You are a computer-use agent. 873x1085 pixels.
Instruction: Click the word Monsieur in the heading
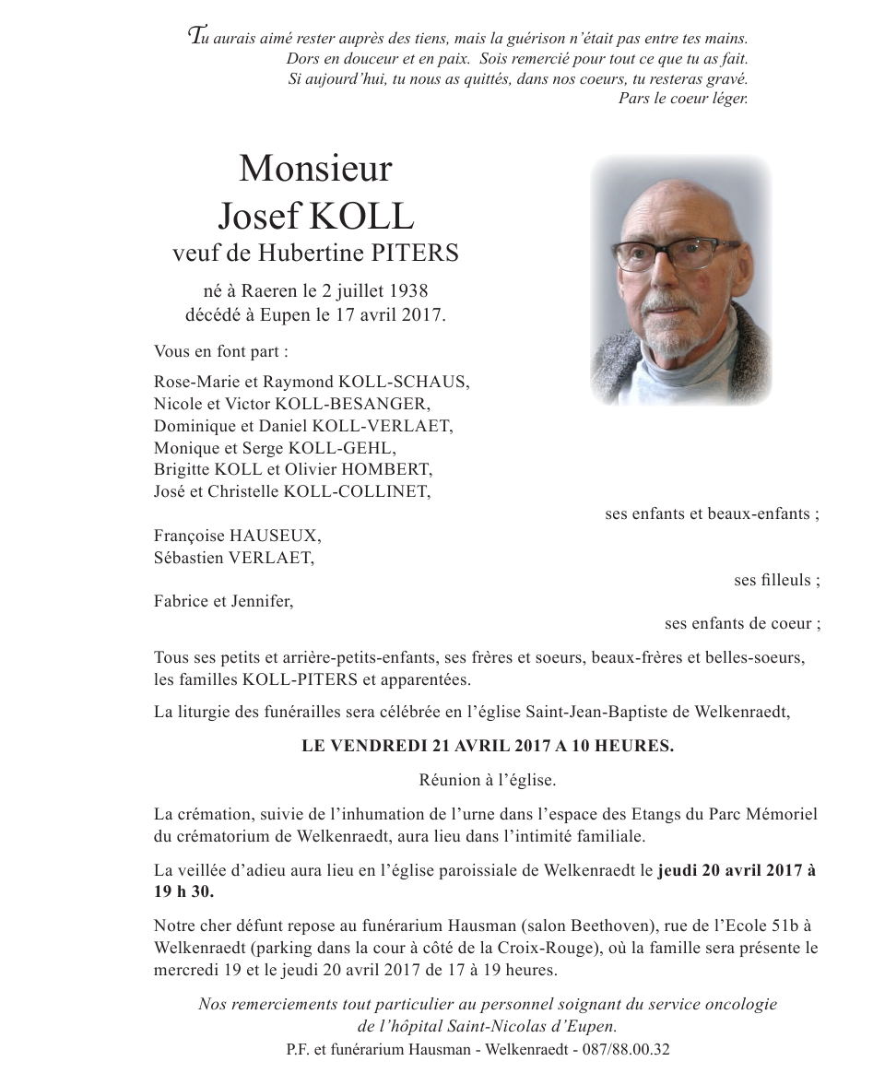(315, 170)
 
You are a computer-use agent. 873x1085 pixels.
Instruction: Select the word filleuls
(785, 580)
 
